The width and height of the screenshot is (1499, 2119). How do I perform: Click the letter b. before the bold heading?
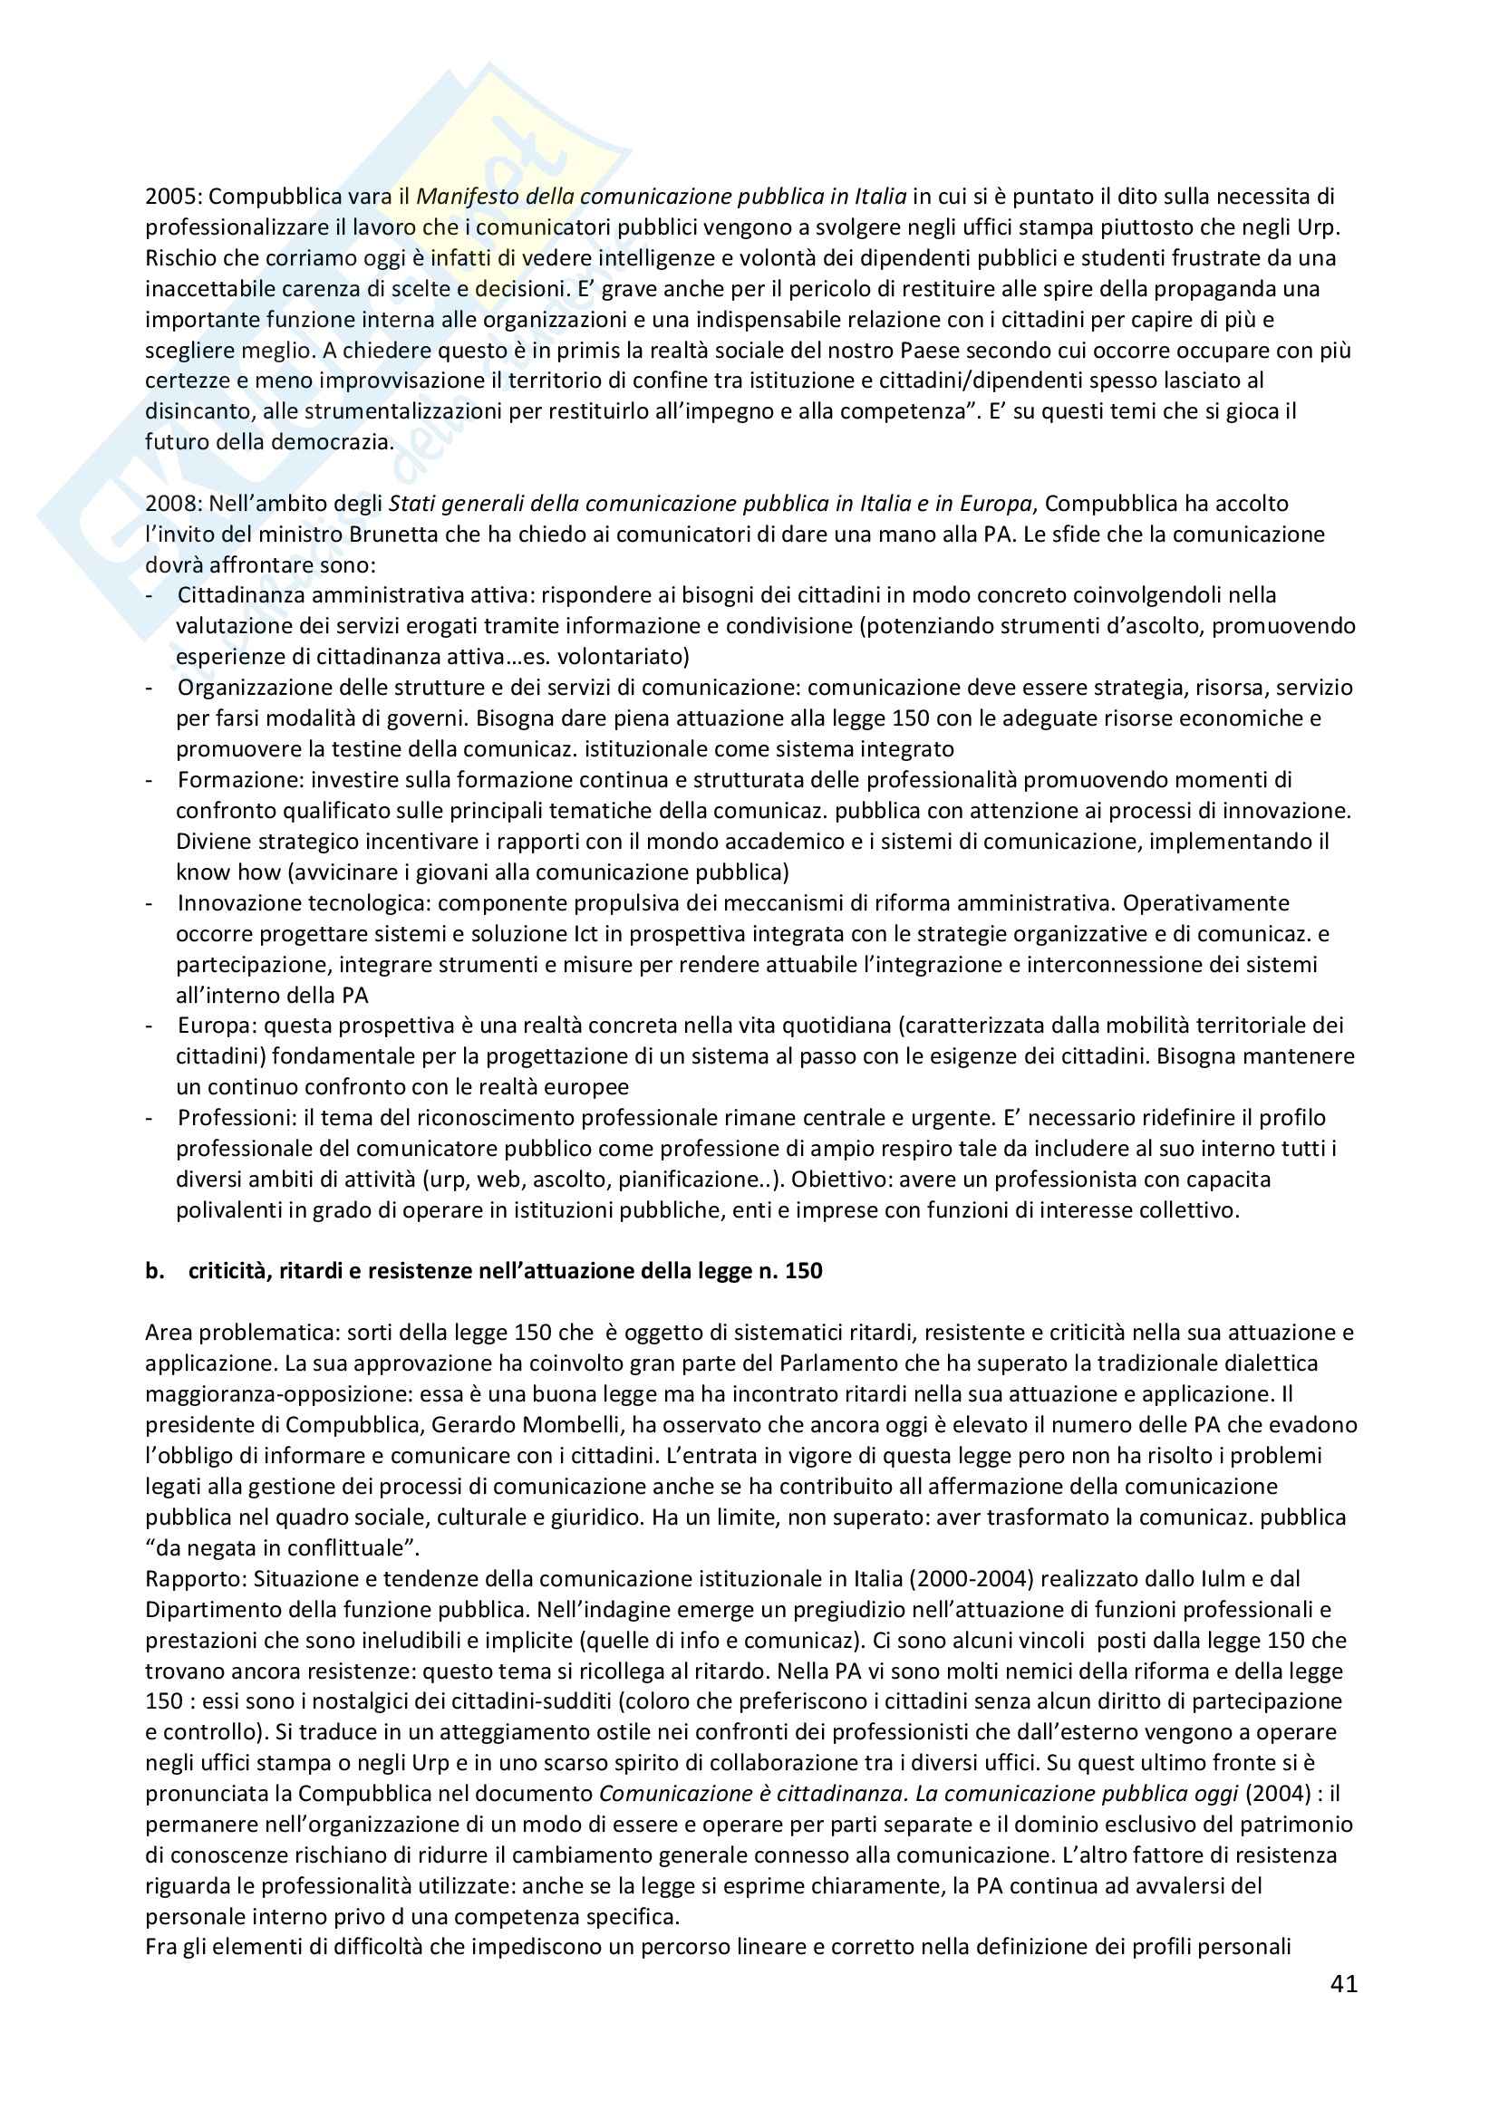tap(154, 1271)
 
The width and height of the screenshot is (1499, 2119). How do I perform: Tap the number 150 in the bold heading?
tap(803, 1271)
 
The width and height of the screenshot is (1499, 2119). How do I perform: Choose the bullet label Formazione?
tap(241, 780)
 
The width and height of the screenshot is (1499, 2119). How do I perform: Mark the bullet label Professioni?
tap(236, 1118)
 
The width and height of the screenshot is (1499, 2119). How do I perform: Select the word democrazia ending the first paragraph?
tap(333, 442)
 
